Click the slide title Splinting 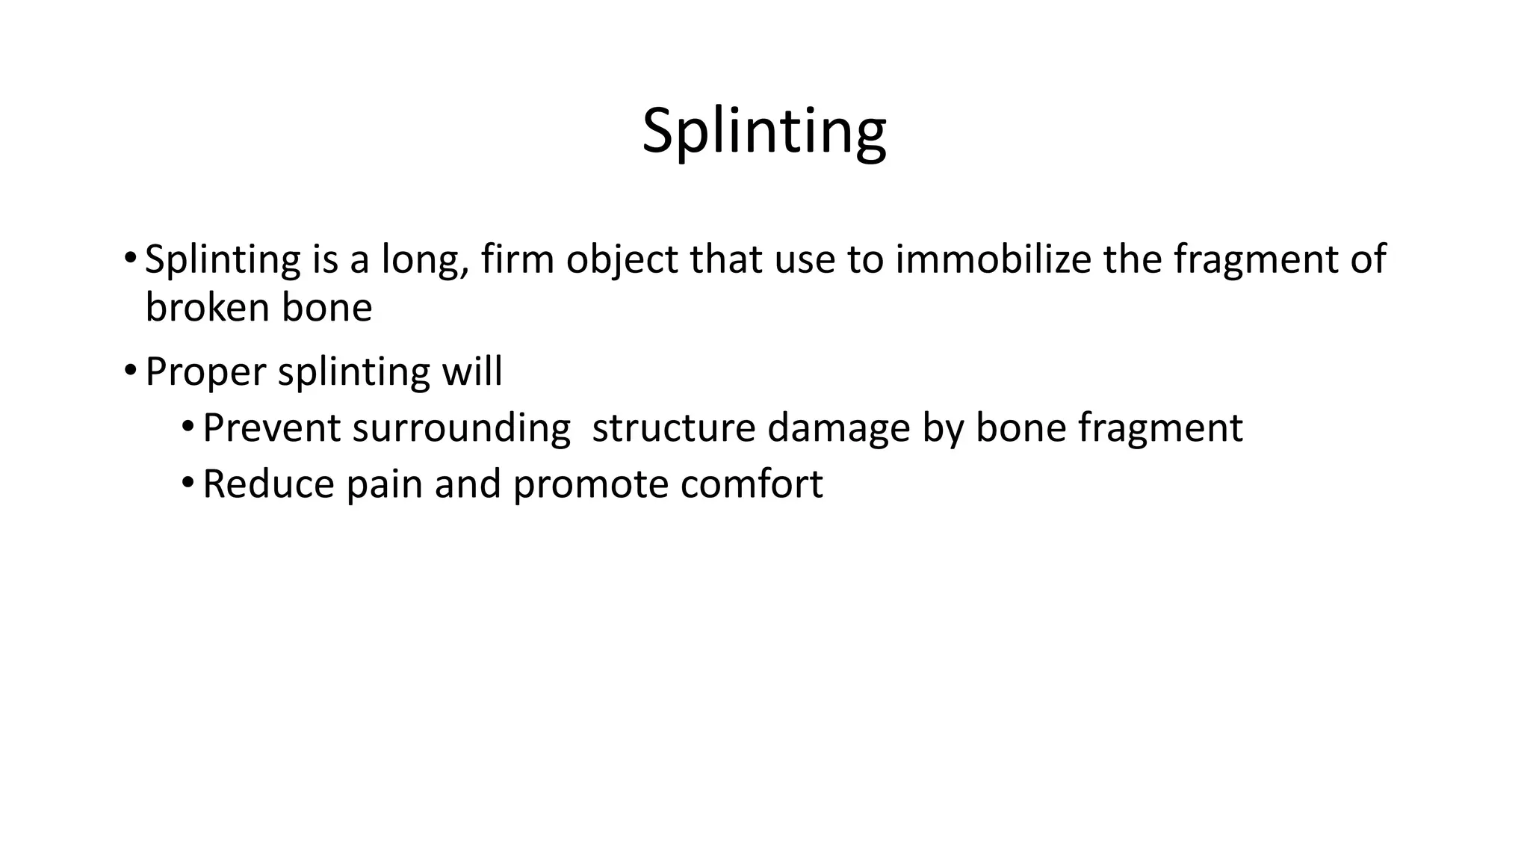(764, 131)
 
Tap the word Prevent (271, 428)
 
